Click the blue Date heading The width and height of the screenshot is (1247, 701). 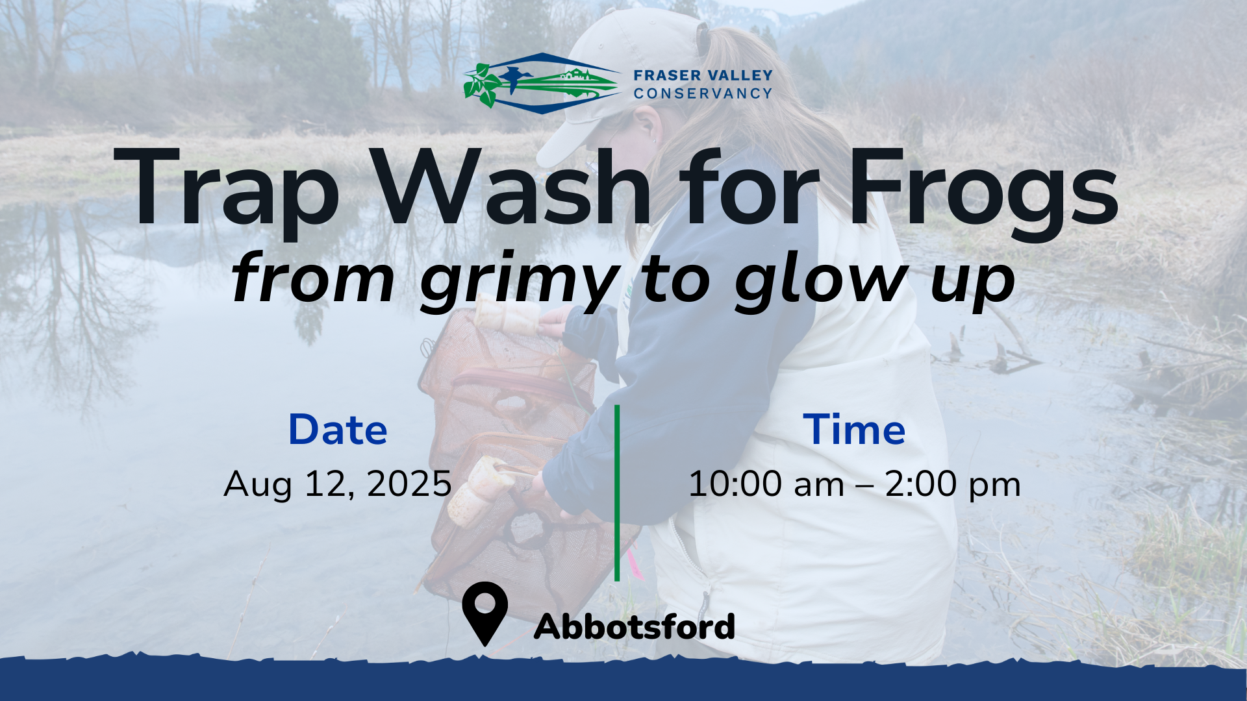[x=338, y=430]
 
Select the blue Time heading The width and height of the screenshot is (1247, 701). [x=854, y=430]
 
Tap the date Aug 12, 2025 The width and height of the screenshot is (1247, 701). [x=338, y=485]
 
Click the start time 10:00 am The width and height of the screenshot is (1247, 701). [x=766, y=485]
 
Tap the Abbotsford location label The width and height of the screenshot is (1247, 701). [x=634, y=626]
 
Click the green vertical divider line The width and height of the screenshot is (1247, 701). [x=617, y=493]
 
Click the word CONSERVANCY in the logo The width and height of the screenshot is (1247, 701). [x=703, y=93]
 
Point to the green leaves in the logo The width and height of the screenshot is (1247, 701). [x=481, y=85]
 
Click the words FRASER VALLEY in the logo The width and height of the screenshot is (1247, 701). [x=703, y=75]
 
